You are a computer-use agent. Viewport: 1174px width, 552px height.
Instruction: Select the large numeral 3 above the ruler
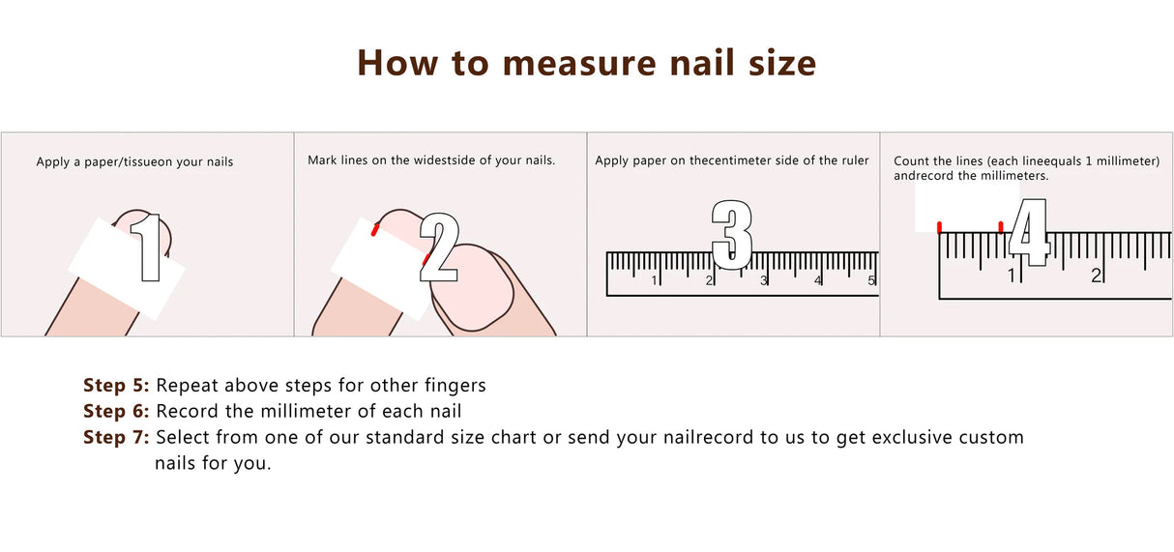731,234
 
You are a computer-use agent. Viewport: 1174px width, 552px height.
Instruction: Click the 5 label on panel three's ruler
871,281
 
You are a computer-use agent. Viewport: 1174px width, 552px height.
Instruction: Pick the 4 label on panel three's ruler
817,281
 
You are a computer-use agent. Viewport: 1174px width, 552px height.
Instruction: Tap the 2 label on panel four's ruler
1097,276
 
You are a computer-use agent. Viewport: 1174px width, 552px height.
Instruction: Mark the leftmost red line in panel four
939,227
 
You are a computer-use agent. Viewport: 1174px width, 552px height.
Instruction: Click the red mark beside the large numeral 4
1001,228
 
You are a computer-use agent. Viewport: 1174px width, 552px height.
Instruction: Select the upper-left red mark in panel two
374,229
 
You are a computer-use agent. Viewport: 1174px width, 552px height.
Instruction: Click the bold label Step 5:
116,386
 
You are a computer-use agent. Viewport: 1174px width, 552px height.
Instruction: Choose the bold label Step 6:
116,412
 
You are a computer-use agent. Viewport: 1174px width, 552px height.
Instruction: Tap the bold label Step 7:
116,438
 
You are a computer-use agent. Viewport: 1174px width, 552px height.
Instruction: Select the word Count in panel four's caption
911,161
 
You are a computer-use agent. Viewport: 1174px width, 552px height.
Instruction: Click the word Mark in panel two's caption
322,160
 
